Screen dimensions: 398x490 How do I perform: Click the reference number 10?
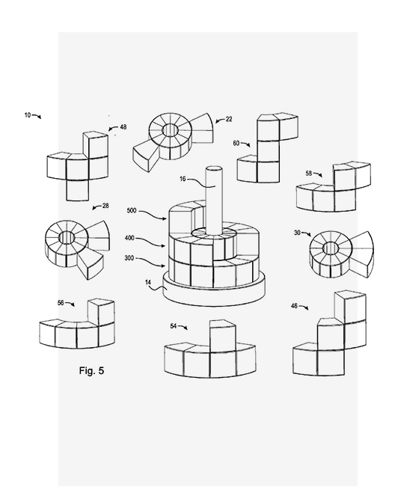pyautogui.click(x=28, y=115)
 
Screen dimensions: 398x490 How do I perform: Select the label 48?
pyautogui.click(x=123, y=127)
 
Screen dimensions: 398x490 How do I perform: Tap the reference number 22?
pyautogui.click(x=229, y=119)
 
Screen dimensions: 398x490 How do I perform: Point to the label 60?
pyautogui.click(x=236, y=143)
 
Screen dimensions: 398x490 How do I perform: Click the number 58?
pyautogui.click(x=309, y=173)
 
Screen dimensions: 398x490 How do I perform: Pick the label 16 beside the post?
pyautogui.click(x=183, y=179)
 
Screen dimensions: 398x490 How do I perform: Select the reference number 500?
pyautogui.click(x=132, y=210)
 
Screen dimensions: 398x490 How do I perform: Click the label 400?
pyautogui.click(x=129, y=238)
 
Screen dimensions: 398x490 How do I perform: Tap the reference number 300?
pyautogui.click(x=129, y=258)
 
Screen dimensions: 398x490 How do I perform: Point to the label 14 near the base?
pyautogui.click(x=148, y=282)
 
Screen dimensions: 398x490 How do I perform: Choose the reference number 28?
pyautogui.click(x=105, y=206)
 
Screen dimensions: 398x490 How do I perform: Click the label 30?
pyautogui.click(x=297, y=233)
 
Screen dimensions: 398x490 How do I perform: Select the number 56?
pyautogui.click(x=61, y=302)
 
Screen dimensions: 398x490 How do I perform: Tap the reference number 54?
pyautogui.click(x=174, y=326)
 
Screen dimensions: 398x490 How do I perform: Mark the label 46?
pyautogui.click(x=294, y=306)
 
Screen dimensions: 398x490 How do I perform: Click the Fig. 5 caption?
pyautogui.click(x=91, y=370)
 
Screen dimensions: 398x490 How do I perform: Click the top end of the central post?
pyautogui.click(x=214, y=169)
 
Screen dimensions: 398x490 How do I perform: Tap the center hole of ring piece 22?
pyautogui.click(x=170, y=130)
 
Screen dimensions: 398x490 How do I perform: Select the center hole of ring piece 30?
pyautogui.click(x=331, y=248)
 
